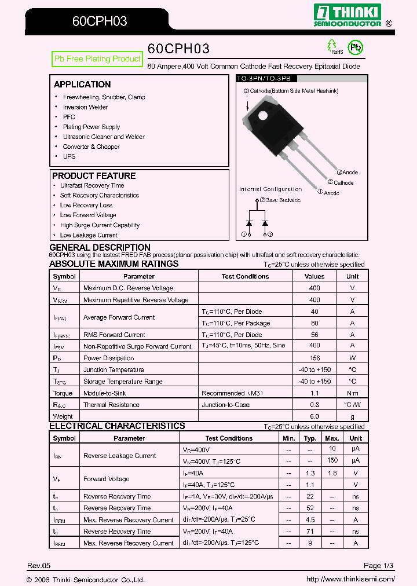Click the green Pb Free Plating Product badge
[x=97, y=59]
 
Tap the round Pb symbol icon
[x=354, y=47]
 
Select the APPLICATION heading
[x=82, y=85]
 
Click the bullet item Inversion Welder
[x=85, y=107]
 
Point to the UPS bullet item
[x=69, y=156]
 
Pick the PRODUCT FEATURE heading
[x=94, y=176]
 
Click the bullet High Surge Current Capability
[x=100, y=225]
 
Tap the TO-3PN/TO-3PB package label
[x=262, y=78]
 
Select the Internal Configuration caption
[x=270, y=189]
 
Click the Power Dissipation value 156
[x=314, y=358]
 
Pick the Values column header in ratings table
[x=314, y=277]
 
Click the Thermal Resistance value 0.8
[x=314, y=405]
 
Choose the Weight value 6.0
[x=314, y=416]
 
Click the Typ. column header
[x=310, y=438]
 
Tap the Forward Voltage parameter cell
[x=107, y=479]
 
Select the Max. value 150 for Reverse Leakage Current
[x=332, y=461]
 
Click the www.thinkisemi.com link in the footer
[x=350, y=579]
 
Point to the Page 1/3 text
[x=379, y=565]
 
